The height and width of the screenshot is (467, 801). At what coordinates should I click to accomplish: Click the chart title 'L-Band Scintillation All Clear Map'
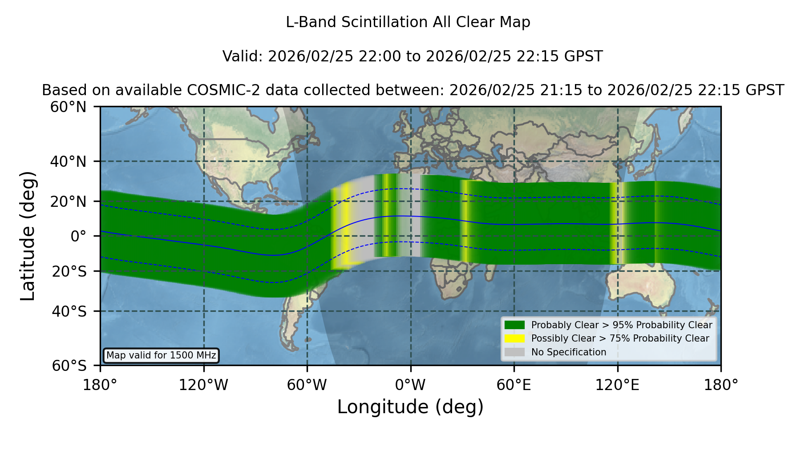point(408,22)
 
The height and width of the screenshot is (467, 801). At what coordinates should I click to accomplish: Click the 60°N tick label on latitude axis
point(68,107)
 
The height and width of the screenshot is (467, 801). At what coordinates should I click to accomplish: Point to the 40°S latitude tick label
point(69,311)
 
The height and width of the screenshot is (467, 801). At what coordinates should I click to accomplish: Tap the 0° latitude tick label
point(78,236)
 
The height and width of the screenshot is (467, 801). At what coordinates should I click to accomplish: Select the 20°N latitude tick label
point(68,201)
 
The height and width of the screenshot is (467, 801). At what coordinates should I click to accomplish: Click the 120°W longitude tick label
point(203,385)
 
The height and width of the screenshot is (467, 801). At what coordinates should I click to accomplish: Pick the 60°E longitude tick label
point(514,385)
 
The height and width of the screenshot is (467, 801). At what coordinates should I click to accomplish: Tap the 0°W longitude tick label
point(410,385)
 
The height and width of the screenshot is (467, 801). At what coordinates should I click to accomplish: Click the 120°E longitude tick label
point(617,385)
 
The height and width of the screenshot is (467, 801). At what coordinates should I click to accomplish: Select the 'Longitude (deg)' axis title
point(410,407)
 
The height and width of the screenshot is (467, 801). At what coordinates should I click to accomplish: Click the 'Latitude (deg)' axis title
point(28,236)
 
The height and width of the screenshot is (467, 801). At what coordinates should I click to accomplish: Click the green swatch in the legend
point(514,325)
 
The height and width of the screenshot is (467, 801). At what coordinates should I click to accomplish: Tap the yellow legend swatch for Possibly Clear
point(514,338)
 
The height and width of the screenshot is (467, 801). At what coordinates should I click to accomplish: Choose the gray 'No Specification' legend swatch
point(514,352)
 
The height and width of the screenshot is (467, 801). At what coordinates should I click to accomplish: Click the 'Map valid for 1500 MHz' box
point(161,355)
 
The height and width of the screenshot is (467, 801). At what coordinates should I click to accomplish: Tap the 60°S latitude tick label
point(69,366)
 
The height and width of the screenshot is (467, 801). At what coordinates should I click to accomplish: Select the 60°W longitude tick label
point(307,385)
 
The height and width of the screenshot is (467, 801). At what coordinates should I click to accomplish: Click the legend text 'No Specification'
point(569,352)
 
